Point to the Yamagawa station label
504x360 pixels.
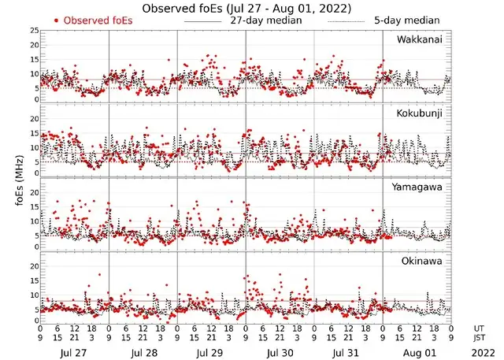(420, 187)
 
